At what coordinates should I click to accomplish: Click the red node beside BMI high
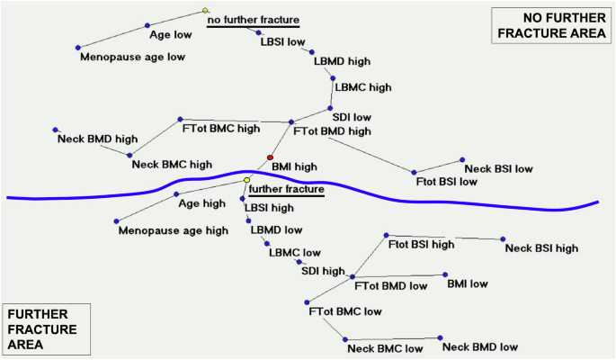(x=270, y=158)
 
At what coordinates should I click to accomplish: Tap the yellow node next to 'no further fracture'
(x=205, y=11)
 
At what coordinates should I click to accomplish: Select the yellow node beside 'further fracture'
(x=246, y=180)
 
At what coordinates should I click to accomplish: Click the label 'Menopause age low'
(x=133, y=57)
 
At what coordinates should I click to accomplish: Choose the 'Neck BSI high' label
(x=541, y=247)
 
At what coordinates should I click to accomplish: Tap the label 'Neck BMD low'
(x=480, y=346)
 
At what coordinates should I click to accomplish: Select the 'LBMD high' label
(x=343, y=61)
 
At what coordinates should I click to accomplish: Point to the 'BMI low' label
(x=468, y=283)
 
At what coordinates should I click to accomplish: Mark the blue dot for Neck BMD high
(x=56, y=129)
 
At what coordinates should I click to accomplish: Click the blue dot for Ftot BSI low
(x=413, y=172)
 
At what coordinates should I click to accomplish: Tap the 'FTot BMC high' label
(x=220, y=129)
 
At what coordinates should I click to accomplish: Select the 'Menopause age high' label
(x=173, y=230)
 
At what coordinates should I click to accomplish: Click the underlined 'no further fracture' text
(x=253, y=19)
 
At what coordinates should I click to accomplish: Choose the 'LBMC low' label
(x=295, y=253)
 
